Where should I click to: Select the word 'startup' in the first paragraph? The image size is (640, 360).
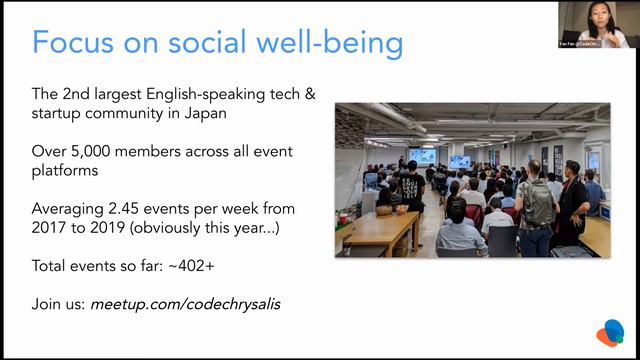click(x=60, y=113)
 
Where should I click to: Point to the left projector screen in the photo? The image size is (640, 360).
click(x=422, y=156)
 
